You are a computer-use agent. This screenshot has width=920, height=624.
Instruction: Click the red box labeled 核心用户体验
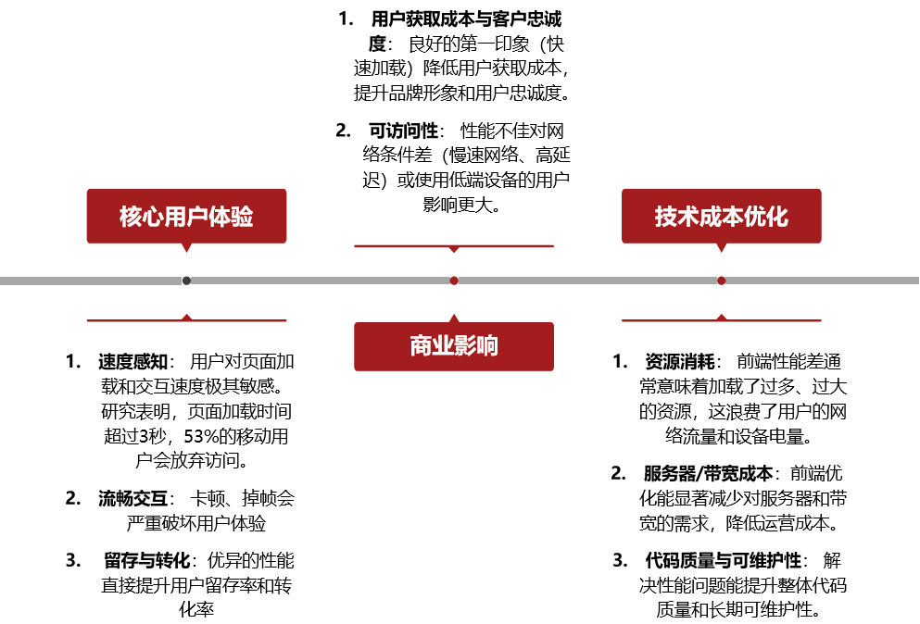coord(186,216)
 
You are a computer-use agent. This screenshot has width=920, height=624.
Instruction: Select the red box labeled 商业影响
coord(454,346)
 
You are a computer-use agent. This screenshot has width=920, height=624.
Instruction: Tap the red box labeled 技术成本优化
coord(721,216)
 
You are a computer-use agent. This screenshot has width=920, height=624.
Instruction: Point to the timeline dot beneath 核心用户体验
coord(186,281)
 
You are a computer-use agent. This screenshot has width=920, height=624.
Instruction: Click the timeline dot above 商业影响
coord(454,281)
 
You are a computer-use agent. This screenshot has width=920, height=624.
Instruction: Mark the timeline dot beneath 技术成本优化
coord(721,281)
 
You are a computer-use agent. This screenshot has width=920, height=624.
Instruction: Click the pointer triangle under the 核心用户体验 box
coord(186,247)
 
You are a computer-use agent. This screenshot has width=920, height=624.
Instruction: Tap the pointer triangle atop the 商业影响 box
coord(454,318)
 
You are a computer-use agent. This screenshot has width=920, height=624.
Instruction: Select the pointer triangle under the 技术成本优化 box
coord(721,247)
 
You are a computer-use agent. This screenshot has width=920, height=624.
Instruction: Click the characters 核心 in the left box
coord(141,217)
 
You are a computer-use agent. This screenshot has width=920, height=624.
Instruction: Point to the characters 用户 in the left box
coord(186,217)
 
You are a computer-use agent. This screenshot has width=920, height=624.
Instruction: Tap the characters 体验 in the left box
coord(231,217)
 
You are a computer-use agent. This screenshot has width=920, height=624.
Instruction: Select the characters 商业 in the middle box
coord(432,346)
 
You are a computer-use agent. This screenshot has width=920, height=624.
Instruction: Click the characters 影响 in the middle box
coord(476,346)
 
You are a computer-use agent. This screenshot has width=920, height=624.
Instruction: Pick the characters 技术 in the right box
coord(676,217)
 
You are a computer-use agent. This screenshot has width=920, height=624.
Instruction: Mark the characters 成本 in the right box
coord(721,217)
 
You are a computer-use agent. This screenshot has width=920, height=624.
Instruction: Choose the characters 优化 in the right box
coord(766,217)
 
